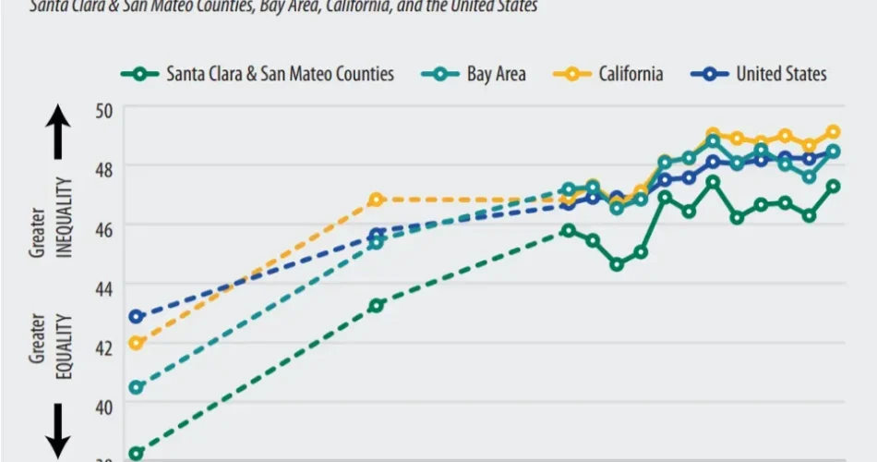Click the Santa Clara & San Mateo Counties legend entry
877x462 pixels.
pos(258,74)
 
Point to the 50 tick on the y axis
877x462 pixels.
pos(102,109)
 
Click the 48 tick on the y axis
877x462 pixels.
pos(102,167)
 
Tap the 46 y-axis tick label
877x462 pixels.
pos(102,226)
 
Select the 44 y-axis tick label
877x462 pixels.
pos(102,286)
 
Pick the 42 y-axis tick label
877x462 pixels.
pos(102,346)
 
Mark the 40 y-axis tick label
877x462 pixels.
pos(102,407)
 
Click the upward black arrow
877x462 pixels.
pos(57,132)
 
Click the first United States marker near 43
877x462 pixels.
pos(137,317)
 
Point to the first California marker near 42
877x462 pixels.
pos(137,343)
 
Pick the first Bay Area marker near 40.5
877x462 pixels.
pos(137,387)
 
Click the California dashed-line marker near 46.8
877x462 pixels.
pos(376,200)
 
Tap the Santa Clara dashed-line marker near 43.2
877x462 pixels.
pos(376,305)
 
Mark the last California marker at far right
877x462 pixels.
pos(833,132)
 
